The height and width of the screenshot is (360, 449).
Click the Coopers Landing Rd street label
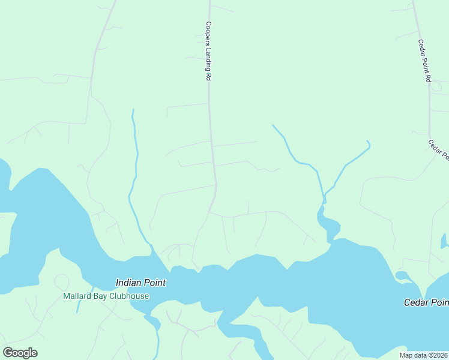point(209,52)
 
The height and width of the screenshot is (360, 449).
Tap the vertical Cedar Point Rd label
point(425,61)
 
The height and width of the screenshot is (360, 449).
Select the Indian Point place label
point(140,282)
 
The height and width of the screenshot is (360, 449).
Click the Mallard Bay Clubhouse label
point(106,296)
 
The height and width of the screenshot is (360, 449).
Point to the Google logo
point(20,353)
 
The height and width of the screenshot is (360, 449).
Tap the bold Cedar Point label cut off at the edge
point(426,302)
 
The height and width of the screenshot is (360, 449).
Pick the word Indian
point(128,282)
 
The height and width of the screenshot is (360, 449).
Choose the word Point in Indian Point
point(154,282)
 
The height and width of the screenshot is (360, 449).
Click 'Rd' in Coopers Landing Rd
point(209,77)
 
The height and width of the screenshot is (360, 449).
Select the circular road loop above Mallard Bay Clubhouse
point(62,281)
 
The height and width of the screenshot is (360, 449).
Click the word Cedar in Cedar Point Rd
point(422,46)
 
